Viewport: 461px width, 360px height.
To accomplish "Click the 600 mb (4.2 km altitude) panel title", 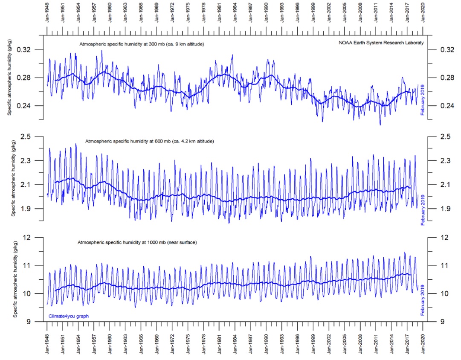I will (149, 141).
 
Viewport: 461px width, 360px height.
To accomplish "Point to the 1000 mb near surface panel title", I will (136, 242).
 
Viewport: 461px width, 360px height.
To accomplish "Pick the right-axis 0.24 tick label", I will (444, 106).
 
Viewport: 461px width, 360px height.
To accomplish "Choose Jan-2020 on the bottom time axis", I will (423, 346).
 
